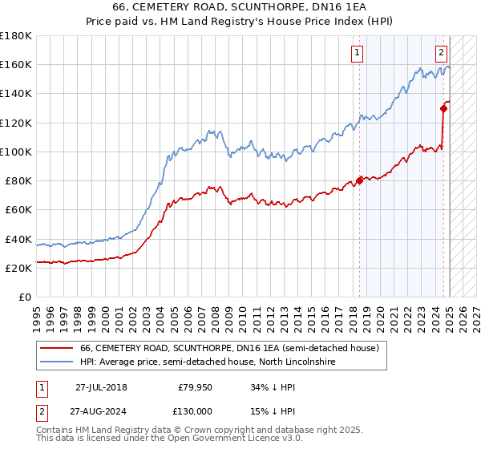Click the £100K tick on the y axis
tap(16, 152)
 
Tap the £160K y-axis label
tap(16, 64)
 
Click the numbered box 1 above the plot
tap(357, 54)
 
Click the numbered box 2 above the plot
tap(441, 54)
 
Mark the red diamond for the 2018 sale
tap(359, 180)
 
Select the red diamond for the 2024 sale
tap(443, 107)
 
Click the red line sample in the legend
tap(57, 348)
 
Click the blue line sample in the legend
tap(57, 362)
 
